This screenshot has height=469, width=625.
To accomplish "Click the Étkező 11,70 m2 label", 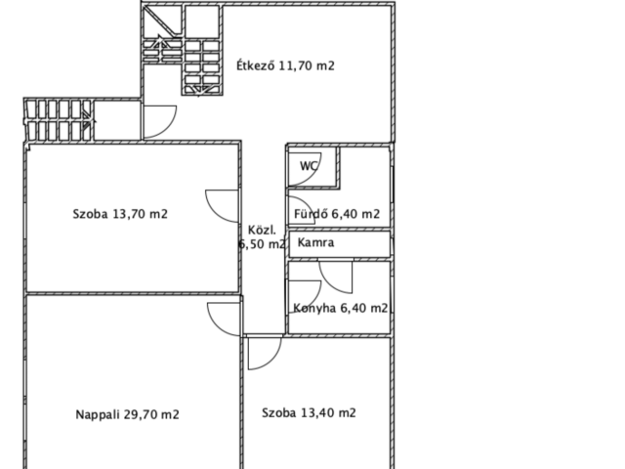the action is point(285,65).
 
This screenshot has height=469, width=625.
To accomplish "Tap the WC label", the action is point(309,166).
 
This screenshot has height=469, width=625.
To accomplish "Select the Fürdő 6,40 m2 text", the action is point(337,214).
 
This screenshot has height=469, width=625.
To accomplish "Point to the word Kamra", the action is point(315,242).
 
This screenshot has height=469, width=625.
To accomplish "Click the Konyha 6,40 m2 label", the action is point(341,308).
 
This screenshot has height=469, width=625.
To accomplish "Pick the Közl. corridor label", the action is point(262,231).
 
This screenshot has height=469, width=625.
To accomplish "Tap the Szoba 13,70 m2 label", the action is point(120,214).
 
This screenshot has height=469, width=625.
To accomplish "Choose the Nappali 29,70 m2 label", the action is point(127,414).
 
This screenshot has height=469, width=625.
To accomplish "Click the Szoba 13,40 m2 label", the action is point(309,412).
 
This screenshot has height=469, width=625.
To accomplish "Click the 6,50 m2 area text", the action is point(262,243).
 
